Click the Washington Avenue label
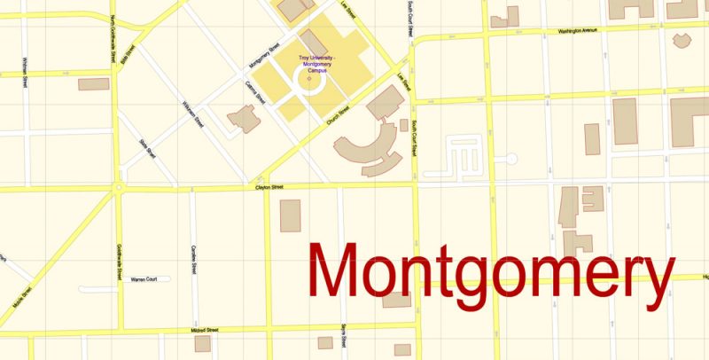point(578,31)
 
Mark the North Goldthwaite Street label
point(113,40)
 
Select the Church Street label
point(339,116)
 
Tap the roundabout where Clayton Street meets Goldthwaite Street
point(117,188)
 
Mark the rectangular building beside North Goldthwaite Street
point(93,84)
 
